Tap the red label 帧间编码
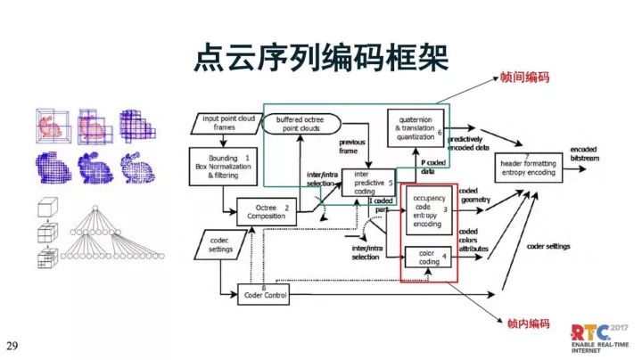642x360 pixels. tap(525, 80)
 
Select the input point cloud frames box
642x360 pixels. tap(229, 123)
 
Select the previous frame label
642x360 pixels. tap(354, 146)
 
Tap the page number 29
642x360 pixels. tap(12, 345)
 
